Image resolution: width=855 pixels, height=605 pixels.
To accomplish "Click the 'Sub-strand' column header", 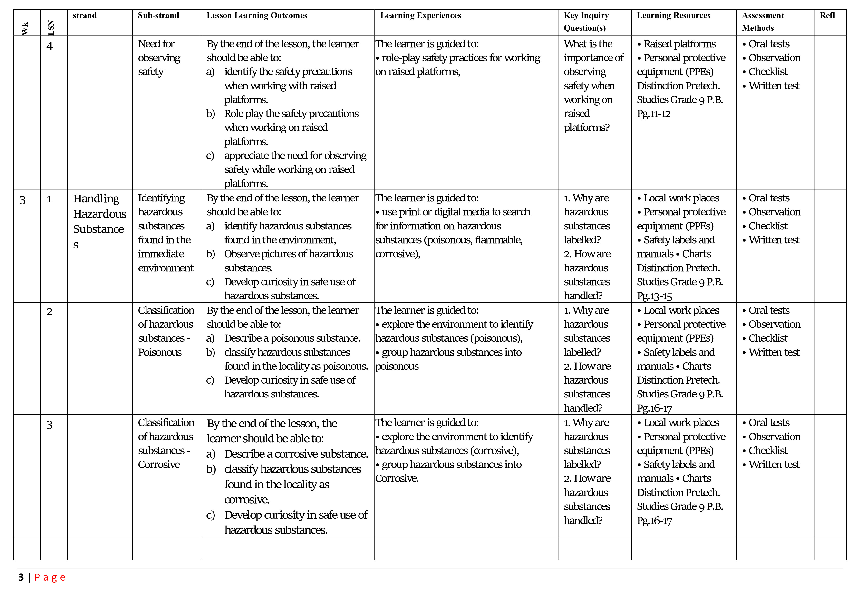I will [x=158, y=15].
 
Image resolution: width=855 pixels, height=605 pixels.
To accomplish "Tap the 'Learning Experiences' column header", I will [x=420, y=15].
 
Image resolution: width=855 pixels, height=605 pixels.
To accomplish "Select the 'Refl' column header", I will [x=827, y=15].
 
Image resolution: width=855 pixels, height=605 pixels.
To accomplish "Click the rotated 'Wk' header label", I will [x=25, y=29].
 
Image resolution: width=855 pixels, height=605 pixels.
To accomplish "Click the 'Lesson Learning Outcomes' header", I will [x=257, y=15].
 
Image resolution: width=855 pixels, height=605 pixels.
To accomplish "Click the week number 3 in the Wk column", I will [x=22, y=200].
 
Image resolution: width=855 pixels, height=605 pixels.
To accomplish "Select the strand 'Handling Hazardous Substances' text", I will [x=99, y=221].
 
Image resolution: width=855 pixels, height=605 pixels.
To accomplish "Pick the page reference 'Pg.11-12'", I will [x=653, y=114].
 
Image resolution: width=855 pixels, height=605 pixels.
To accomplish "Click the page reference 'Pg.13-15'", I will [x=654, y=296].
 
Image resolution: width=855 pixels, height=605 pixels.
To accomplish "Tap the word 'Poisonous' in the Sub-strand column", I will [x=160, y=352].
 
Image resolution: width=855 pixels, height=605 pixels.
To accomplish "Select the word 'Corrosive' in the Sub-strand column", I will [x=159, y=465].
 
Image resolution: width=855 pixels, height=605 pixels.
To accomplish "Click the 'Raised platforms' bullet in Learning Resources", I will [x=679, y=44].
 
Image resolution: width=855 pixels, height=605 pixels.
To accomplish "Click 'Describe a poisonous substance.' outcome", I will [x=292, y=338].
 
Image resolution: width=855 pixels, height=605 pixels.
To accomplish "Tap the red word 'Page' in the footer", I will [x=50, y=577].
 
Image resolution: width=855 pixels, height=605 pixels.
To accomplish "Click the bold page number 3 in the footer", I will [x=21, y=577].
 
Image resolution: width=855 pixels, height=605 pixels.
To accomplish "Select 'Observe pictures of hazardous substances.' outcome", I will [x=288, y=261].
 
